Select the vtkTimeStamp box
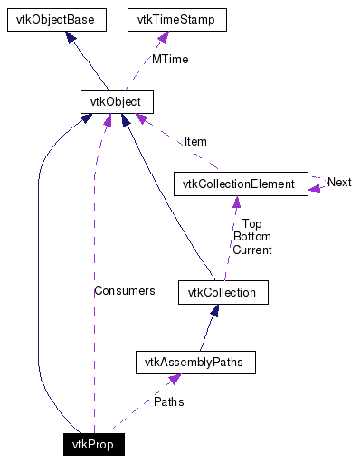(x=175, y=18)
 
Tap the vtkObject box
(x=116, y=101)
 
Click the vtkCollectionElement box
(x=239, y=184)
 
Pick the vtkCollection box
(x=223, y=292)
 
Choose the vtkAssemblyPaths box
(x=194, y=363)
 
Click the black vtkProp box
(x=93, y=444)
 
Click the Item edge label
(x=195, y=141)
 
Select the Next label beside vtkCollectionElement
(x=339, y=183)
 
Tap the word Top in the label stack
(x=251, y=223)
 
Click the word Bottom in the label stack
(x=251, y=236)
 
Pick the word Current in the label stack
(x=251, y=250)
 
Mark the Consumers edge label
(x=124, y=291)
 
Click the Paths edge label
(x=168, y=401)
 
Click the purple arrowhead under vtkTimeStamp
(x=164, y=36)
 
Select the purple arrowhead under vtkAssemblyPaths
(x=171, y=381)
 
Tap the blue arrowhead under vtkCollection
(x=214, y=310)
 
